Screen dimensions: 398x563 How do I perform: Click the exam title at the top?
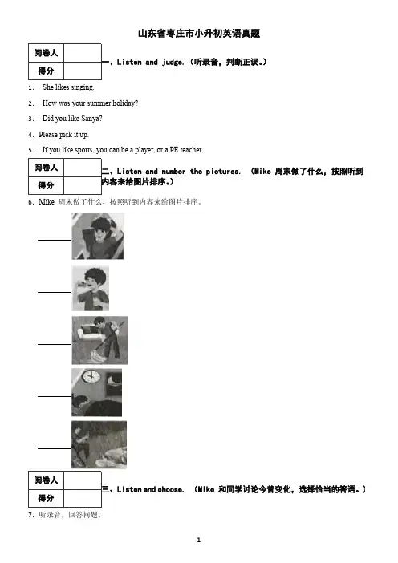[x=199, y=34]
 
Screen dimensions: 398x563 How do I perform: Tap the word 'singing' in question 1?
[x=83, y=87]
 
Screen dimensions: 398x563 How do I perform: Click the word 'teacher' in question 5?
[x=191, y=150]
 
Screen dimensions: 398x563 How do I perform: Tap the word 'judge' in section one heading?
[x=173, y=62]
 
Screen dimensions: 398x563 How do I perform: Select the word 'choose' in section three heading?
[x=171, y=489]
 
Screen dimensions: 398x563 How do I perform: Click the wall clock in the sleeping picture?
[x=91, y=376]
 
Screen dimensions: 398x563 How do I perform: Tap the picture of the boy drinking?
[x=90, y=289]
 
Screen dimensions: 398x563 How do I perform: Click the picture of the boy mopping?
[x=99, y=340]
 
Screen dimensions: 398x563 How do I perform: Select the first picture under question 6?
[x=98, y=236]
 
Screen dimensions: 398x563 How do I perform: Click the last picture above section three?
[x=99, y=444]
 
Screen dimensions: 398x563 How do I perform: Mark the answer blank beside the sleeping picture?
[x=55, y=396]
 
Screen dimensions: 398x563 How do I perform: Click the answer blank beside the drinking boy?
[x=55, y=292]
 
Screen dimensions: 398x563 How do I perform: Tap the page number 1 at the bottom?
[x=199, y=540]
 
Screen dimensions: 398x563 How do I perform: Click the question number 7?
[x=30, y=515]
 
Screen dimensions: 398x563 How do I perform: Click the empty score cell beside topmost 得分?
[x=83, y=71]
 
